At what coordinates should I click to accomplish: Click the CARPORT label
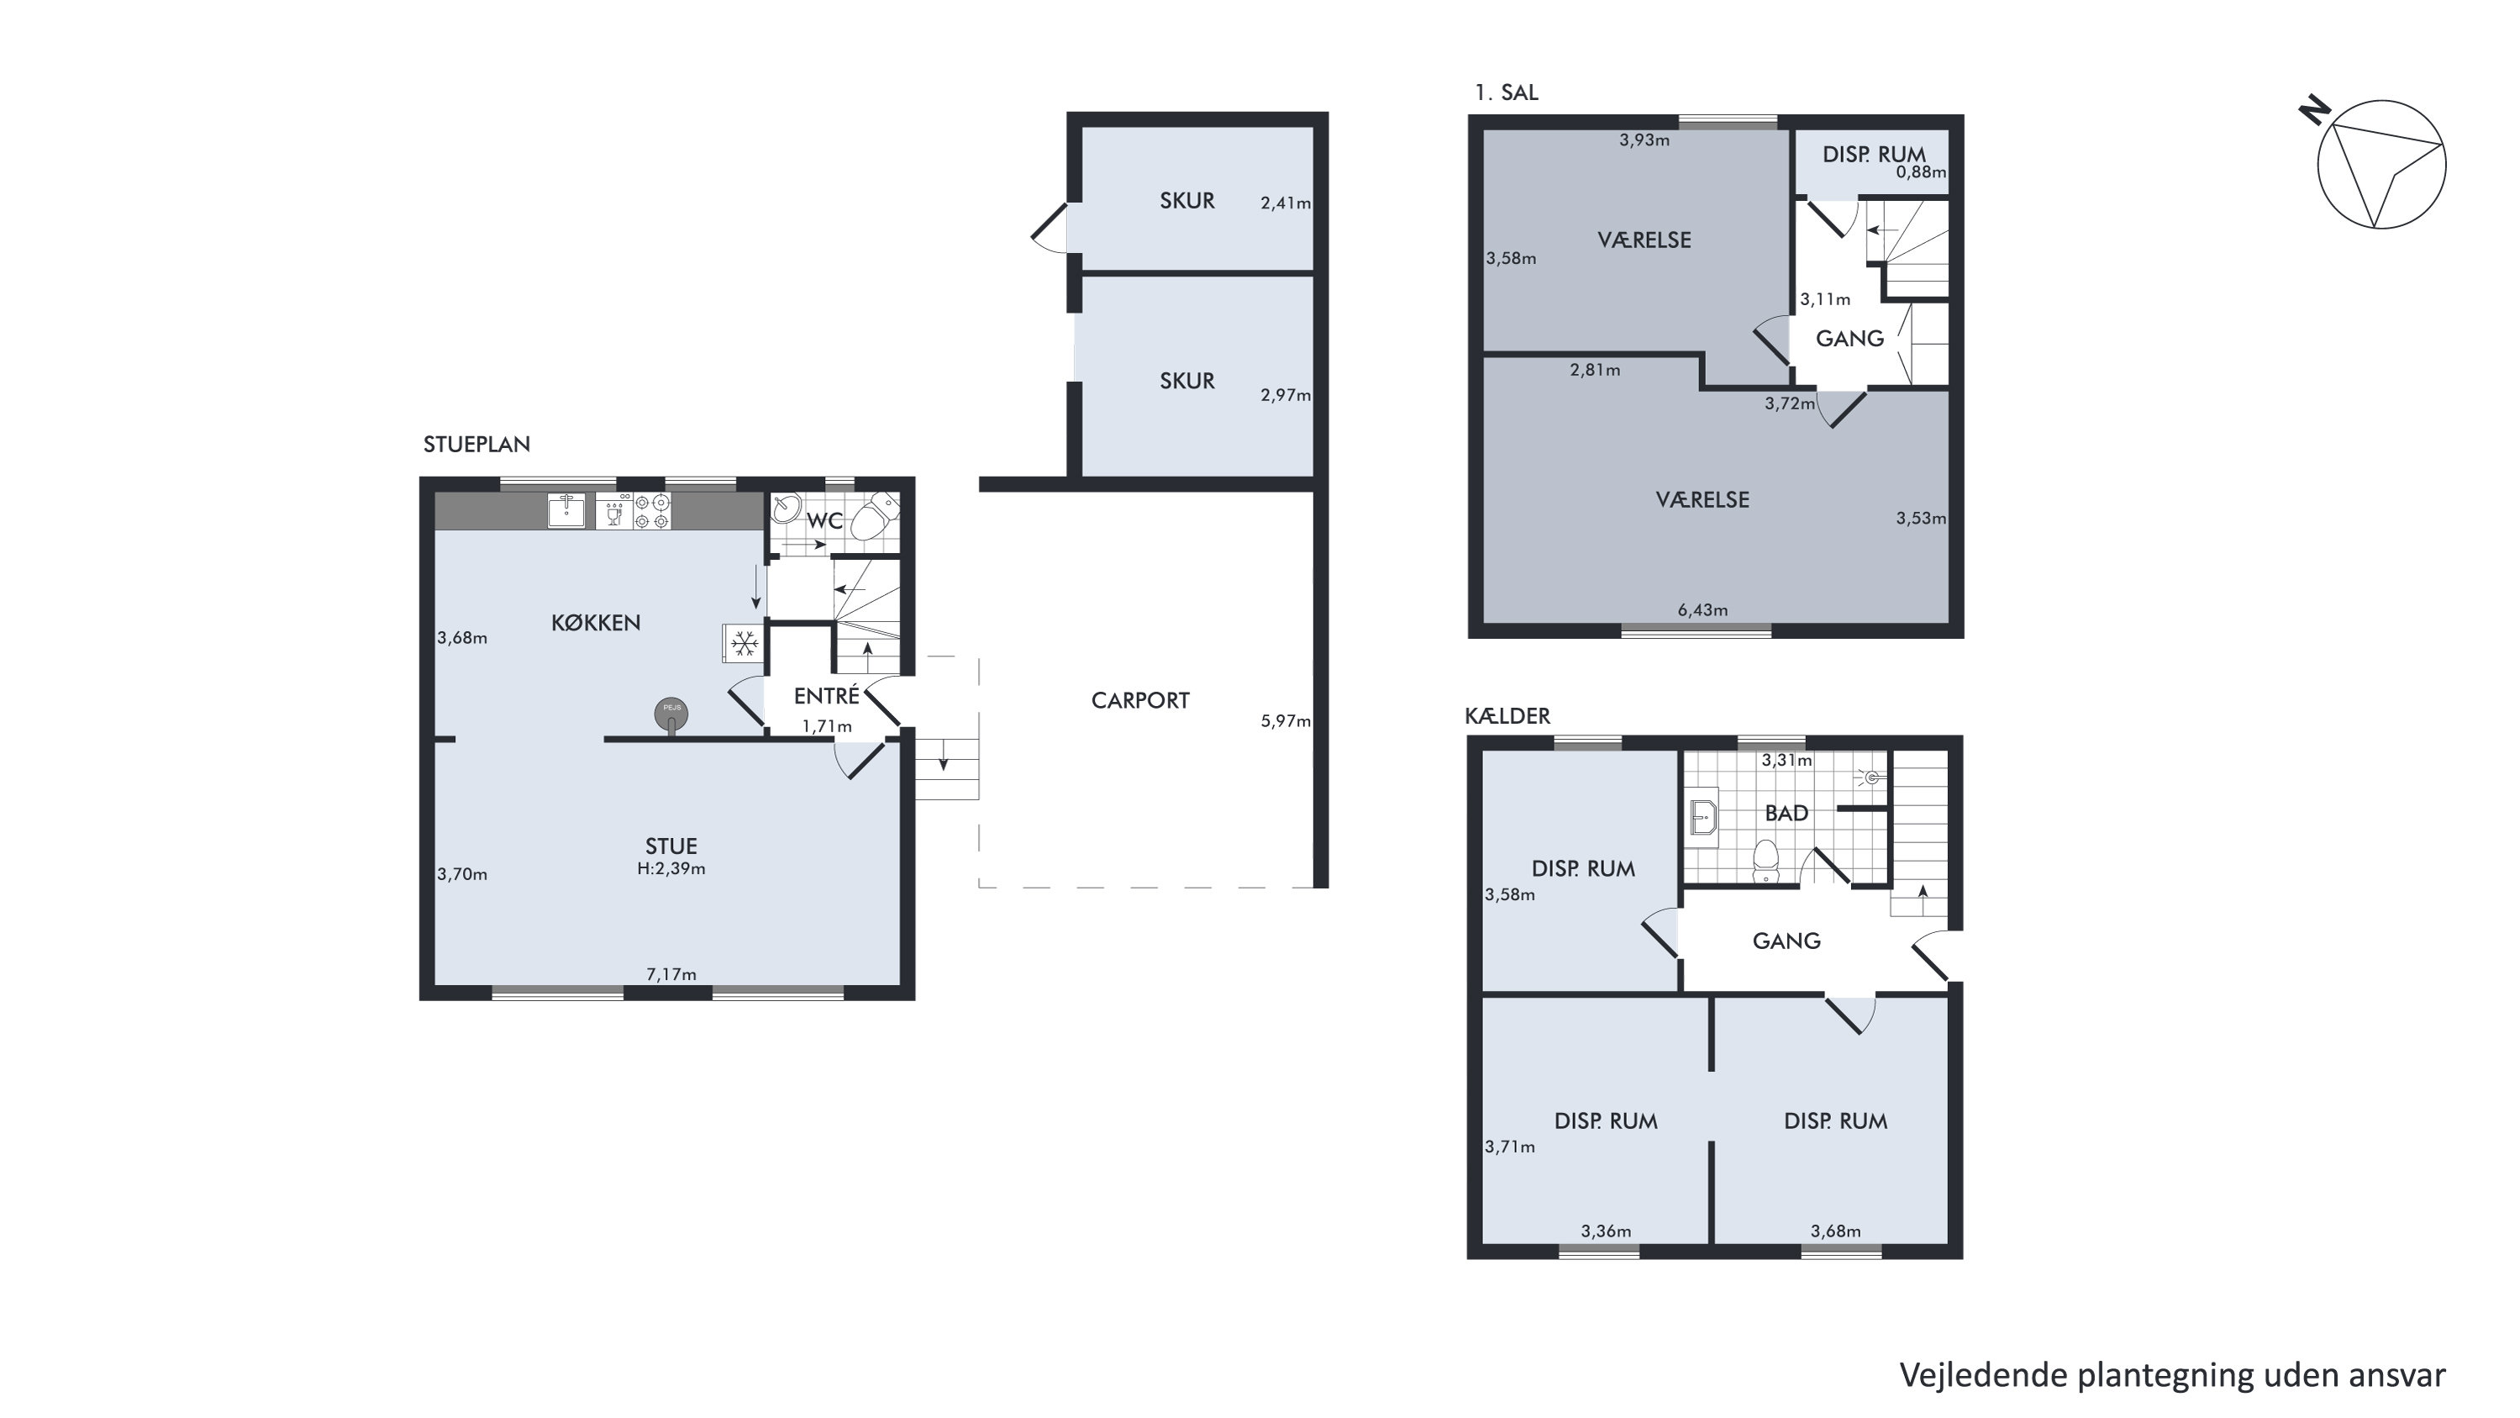click(x=1139, y=701)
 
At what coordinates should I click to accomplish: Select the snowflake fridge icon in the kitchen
click(x=744, y=643)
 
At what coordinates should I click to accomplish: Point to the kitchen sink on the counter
click(x=566, y=511)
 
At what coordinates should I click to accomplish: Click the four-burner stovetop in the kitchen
click(x=653, y=511)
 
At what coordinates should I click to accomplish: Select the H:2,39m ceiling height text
click(x=671, y=868)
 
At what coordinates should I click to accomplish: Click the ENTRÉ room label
click(x=827, y=696)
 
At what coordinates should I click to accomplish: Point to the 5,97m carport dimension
click(x=1286, y=721)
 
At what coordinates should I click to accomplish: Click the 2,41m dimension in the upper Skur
click(x=1286, y=203)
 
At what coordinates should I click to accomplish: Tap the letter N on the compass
click(x=2315, y=112)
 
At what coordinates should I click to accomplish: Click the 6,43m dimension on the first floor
click(x=1702, y=609)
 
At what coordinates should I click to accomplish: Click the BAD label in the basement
click(x=1786, y=813)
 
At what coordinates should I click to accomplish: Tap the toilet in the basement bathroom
click(x=1765, y=860)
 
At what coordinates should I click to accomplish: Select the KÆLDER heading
click(x=1507, y=716)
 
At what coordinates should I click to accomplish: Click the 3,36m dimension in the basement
click(x=1607, y=1231)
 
